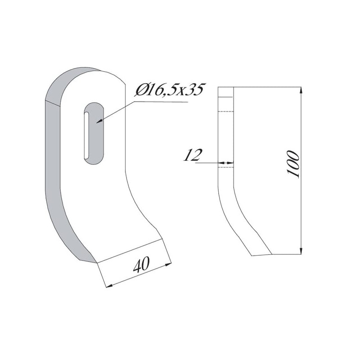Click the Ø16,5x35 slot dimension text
[x=170, y=90]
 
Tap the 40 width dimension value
[x=141, y=265]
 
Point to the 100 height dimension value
[x=293, y=164]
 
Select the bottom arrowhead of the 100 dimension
[x=301, y=251]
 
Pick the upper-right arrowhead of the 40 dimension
[x=168, y=265]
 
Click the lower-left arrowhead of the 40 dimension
[x=109, y=286]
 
